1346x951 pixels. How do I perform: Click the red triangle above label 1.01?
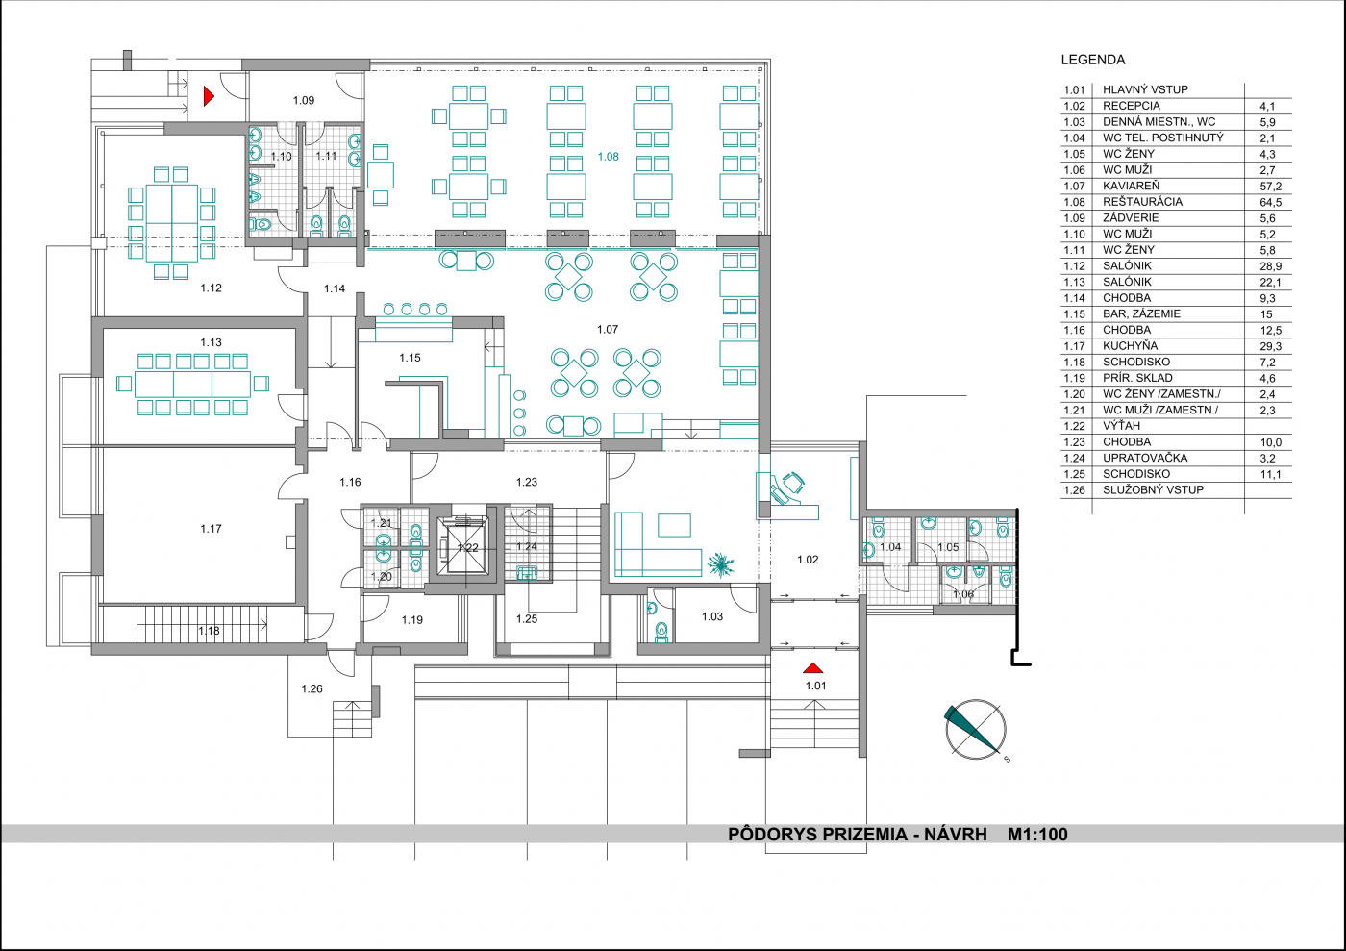click(x=812, y=668)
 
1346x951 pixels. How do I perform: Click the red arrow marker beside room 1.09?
click(x=209, y=96)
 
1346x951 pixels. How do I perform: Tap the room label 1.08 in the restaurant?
click(x=608, y=157)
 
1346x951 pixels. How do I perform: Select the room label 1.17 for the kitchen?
click(x=211, y=529)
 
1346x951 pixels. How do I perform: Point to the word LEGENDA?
click(x=1093, y=61)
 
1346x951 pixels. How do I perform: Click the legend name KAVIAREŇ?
click(x=1131, y=186)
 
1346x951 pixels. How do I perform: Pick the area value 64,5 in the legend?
click(x=1271, y=203)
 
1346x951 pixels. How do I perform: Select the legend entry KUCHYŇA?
click(x=1130, y=345)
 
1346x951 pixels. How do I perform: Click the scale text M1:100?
click(x=1037, y=835)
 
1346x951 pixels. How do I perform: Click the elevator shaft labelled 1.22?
click(x=462, y=547)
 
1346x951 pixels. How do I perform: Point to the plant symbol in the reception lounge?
click(x=720, y=564)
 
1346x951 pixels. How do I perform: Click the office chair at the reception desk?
click(x=792, y=483)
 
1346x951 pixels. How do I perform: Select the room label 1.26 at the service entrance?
click(x=312, y=688)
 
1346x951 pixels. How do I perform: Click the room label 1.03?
click(x=712, y=616)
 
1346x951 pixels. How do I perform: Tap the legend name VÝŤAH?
click(x=1121, y=426)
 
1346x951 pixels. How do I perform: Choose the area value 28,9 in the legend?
click(x=1271, y=266)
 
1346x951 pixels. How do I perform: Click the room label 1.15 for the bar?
click(x=410, y=359)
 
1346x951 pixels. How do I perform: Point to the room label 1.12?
click(x=211, y=288)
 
